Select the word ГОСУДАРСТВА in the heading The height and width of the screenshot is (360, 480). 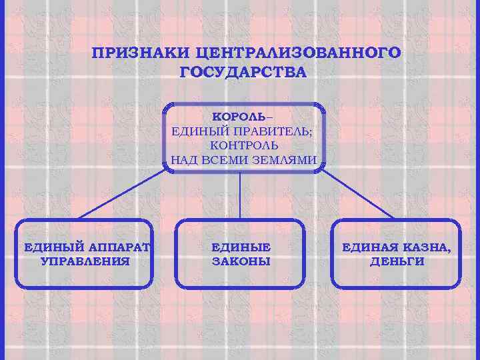(x=243, y=72)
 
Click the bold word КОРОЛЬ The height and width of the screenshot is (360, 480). (x=239, y=115)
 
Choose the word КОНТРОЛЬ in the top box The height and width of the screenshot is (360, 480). (x=244, y=145)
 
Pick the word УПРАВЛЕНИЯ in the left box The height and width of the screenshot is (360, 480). (x=85, y=261)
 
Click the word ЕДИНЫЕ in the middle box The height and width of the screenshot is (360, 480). (x=241, y=247)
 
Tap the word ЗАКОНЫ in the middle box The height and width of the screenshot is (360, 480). (x=241, y=261)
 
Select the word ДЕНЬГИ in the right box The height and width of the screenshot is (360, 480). (x=397, y=261)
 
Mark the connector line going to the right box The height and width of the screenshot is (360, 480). (x=357, y=193)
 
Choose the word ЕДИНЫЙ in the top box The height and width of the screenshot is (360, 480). (x=196, y=130)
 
